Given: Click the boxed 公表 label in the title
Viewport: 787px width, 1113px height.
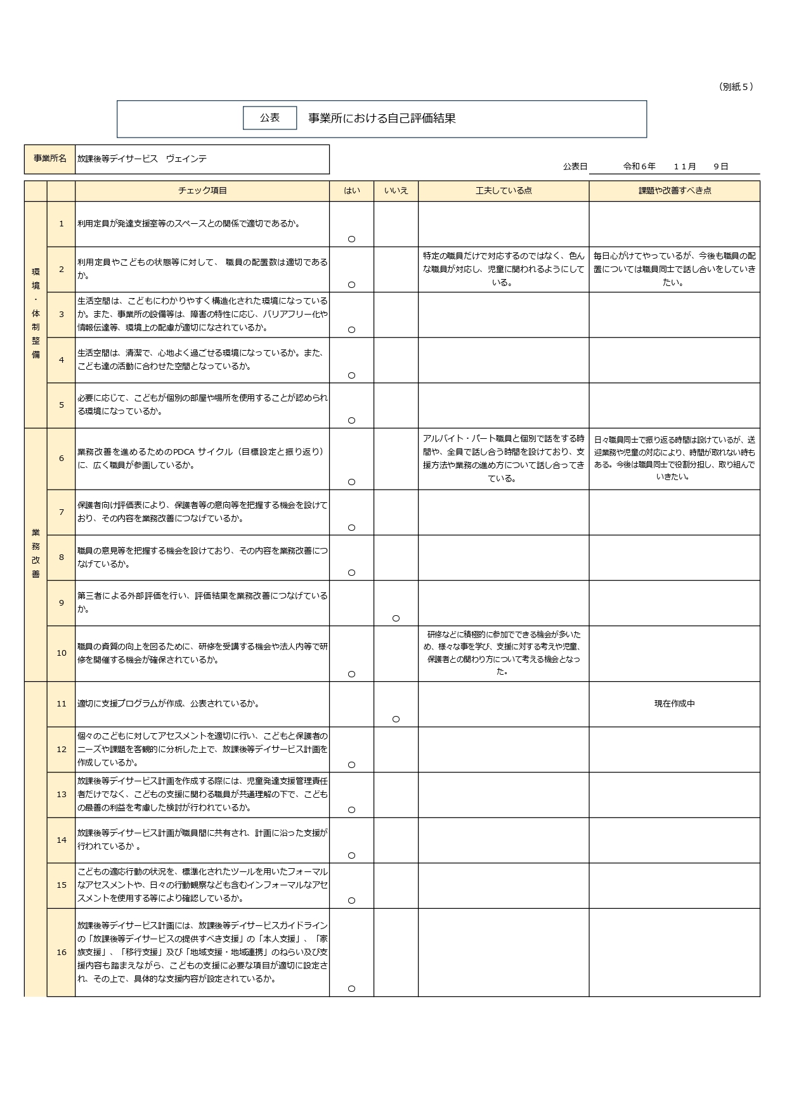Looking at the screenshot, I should [270, 118].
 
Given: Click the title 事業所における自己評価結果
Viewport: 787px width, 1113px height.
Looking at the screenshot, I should [382, 119].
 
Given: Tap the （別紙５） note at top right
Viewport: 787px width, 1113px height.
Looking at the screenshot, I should [736, 87].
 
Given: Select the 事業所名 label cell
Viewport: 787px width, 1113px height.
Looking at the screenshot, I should [50, 159].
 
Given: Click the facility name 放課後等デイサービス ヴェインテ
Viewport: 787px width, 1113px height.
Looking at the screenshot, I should [142, 159].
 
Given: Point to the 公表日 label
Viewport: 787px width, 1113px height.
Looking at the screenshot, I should [575, 166].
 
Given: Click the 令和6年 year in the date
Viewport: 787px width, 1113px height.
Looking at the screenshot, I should [639, 166].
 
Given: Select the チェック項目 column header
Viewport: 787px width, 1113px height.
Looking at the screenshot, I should [202, 191].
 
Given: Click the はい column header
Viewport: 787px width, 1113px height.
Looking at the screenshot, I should [351, 191].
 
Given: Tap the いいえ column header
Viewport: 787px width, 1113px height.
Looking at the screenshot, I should [396, 191].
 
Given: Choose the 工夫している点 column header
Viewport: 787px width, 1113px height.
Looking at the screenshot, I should [504, 191].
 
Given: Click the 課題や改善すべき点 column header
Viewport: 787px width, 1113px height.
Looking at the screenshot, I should [674, 191].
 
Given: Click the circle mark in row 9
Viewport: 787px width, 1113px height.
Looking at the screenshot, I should [396, 618].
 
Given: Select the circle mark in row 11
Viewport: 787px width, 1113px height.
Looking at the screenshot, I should [396, 719].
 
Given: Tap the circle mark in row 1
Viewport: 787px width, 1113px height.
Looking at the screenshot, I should [351, 239].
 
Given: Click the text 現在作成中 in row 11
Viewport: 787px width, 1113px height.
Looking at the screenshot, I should [674, 704].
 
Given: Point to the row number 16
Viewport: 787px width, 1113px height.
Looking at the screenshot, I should [62, 952].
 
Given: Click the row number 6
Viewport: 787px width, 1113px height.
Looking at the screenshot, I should [62, 459].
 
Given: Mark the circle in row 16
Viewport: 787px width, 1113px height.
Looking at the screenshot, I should [351, 989].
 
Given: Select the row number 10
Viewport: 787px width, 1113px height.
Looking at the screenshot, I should [62, 653].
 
